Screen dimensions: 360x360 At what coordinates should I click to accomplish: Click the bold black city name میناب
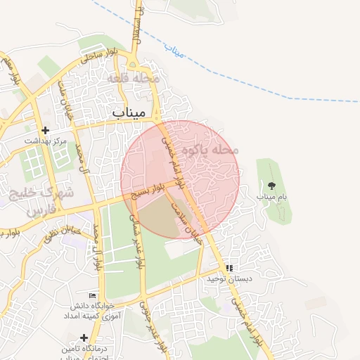pyautogui.click(x=129, y=112)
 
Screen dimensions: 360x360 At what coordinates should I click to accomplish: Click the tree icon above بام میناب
pyautogui.click(x=272, y=186)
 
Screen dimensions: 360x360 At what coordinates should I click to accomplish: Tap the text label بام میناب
pyautogui.click(x=272, y=198)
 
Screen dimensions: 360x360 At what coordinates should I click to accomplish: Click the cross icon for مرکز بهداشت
pyautogui.click(x=46, y=130)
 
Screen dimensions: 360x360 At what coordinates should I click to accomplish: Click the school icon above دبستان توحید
pyautogui.click(x=229, y=268)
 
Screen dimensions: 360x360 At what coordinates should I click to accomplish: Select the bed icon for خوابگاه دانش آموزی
pyautogui.click(x=91, y=295)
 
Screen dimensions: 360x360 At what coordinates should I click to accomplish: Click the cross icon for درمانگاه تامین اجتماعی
pyautogui.click(x=84, y=338)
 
